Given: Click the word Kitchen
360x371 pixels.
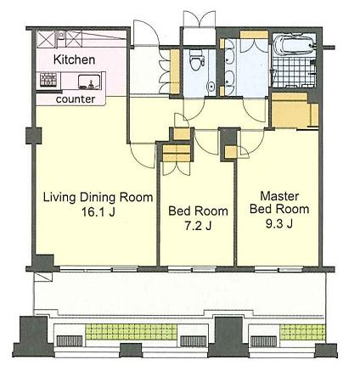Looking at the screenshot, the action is tap(74, 59).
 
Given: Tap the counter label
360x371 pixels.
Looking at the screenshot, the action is tap(76, 99).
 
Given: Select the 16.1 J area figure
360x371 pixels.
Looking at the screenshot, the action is tap(98, 211).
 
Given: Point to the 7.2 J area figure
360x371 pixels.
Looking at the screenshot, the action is tap(198, 226).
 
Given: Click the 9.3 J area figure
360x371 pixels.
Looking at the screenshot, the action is tap(279, 224).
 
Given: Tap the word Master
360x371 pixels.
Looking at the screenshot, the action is tap(279, 196).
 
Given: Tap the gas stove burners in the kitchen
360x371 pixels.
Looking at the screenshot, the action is tap(48, 80).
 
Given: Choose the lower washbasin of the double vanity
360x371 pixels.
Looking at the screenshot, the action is tap(230, 78).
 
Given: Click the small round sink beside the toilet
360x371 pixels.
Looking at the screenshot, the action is tap(211, 87).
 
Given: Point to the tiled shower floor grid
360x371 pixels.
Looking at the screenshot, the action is tap(293, 72).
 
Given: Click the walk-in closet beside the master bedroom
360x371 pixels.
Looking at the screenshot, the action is tap(295, 110).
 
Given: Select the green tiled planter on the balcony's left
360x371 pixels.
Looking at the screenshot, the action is tap(131, 332).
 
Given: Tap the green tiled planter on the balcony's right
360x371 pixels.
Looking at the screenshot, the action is tap(302, 332).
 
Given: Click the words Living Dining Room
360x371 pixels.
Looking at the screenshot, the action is tap(98, 197).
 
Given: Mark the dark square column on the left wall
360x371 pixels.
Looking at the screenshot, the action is tap(34, 136).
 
